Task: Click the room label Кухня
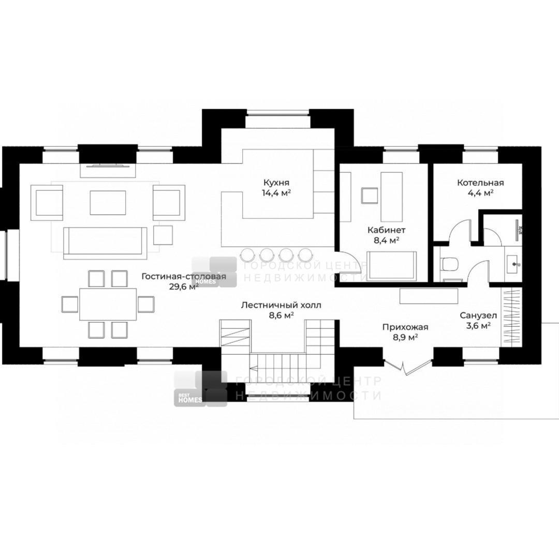click(276, 183)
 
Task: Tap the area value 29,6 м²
click(184, 287)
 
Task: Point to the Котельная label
click(480, 183)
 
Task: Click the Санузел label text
click(478, 315)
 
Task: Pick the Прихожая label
click(405, 327)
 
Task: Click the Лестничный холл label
click(281, 305)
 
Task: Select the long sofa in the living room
click(105, 244)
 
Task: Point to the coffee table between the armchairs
click(108, 203)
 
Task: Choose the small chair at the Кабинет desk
click(370, 195)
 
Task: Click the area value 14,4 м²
click(276, 193)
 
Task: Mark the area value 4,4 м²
click(480, 193)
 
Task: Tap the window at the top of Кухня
click(277, 113)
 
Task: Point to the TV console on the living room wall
click(108, 170)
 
